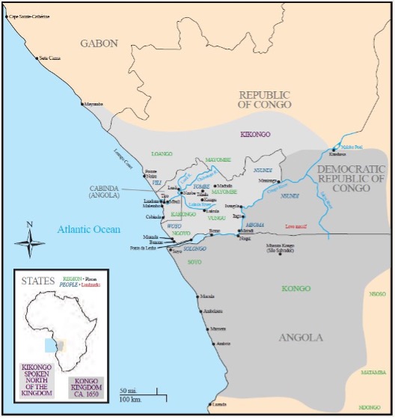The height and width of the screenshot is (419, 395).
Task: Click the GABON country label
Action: click(100, 43)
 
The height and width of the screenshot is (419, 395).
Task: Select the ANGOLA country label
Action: click(301, 337)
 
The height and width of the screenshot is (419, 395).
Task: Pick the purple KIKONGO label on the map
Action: click(257, 135)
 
